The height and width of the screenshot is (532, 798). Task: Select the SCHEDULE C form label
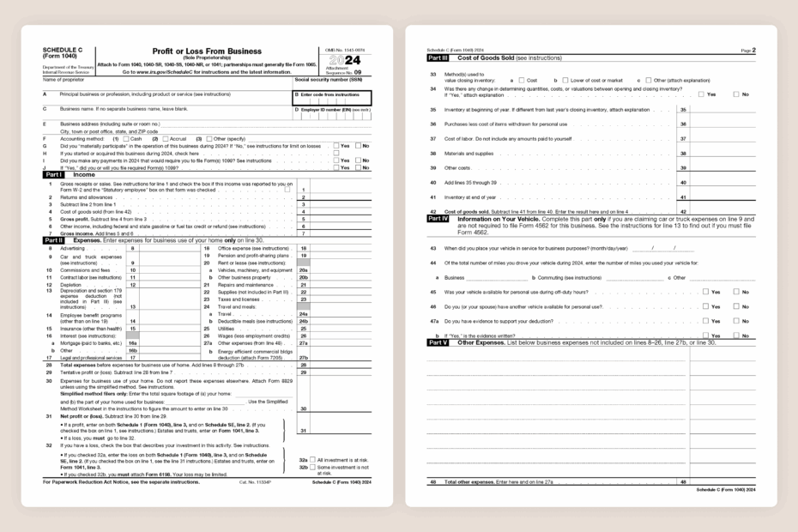(58, 51)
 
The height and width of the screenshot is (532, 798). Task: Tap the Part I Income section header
(72, 174)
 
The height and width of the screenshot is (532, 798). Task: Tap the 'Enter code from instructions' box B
(331, 97)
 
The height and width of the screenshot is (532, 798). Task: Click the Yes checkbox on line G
(336, 145)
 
